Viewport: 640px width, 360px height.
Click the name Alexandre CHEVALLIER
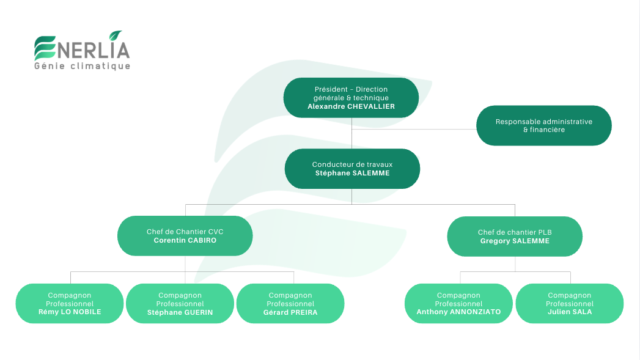coord(351,106)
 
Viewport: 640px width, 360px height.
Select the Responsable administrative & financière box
coord(543,125)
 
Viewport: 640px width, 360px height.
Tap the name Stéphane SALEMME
coord(352,173)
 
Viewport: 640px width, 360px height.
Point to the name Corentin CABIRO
coord(185,240)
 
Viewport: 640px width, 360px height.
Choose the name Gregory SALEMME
coord(515,241)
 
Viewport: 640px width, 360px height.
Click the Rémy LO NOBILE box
coord(70,303)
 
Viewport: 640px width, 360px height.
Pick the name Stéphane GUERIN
coord(180,312)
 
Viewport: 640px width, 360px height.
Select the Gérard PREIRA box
coord(290,303)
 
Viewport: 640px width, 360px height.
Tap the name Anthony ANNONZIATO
coord(458,312)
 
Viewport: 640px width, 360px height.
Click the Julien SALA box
coord(569,303)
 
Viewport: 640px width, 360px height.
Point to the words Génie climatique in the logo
coord(83,66)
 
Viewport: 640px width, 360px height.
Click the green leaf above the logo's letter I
coord(115,36)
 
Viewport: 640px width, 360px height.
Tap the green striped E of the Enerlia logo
coord(44,48)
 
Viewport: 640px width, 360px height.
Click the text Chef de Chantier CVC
coord(185,232)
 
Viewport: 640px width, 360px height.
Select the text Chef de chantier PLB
coord(515,232)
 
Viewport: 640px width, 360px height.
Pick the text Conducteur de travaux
coord(352,164)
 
